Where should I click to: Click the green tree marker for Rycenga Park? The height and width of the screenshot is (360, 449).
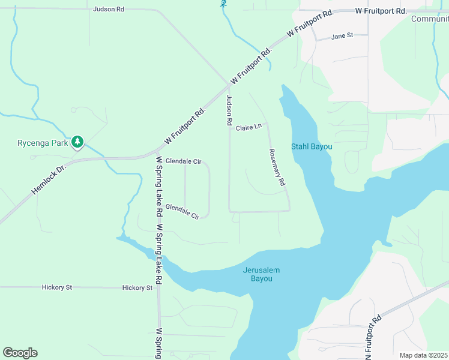(77, 142)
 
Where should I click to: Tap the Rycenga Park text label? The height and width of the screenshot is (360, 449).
(42, 143)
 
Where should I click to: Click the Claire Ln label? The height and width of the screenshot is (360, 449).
(249, 128)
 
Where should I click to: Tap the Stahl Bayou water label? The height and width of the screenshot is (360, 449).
(312, 147)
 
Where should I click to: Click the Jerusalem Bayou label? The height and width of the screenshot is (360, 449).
(261, 274)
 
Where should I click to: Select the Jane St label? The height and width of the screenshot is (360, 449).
(342, 36)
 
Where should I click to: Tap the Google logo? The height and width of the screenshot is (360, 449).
(20, 353)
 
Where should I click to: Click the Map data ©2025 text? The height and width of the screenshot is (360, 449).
(423, 355)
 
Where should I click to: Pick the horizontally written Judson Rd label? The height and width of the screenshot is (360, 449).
(109, 10)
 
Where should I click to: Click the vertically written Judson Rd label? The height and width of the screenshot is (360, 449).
(229, 110)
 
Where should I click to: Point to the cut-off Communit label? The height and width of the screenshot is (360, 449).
(430, 19)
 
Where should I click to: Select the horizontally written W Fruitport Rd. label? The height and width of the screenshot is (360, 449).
(381, 11)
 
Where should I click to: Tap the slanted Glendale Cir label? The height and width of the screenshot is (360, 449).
(182, 211)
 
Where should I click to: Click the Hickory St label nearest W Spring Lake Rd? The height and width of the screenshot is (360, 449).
(137, 288)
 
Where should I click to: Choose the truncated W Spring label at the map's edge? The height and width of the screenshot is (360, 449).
(159, 343)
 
